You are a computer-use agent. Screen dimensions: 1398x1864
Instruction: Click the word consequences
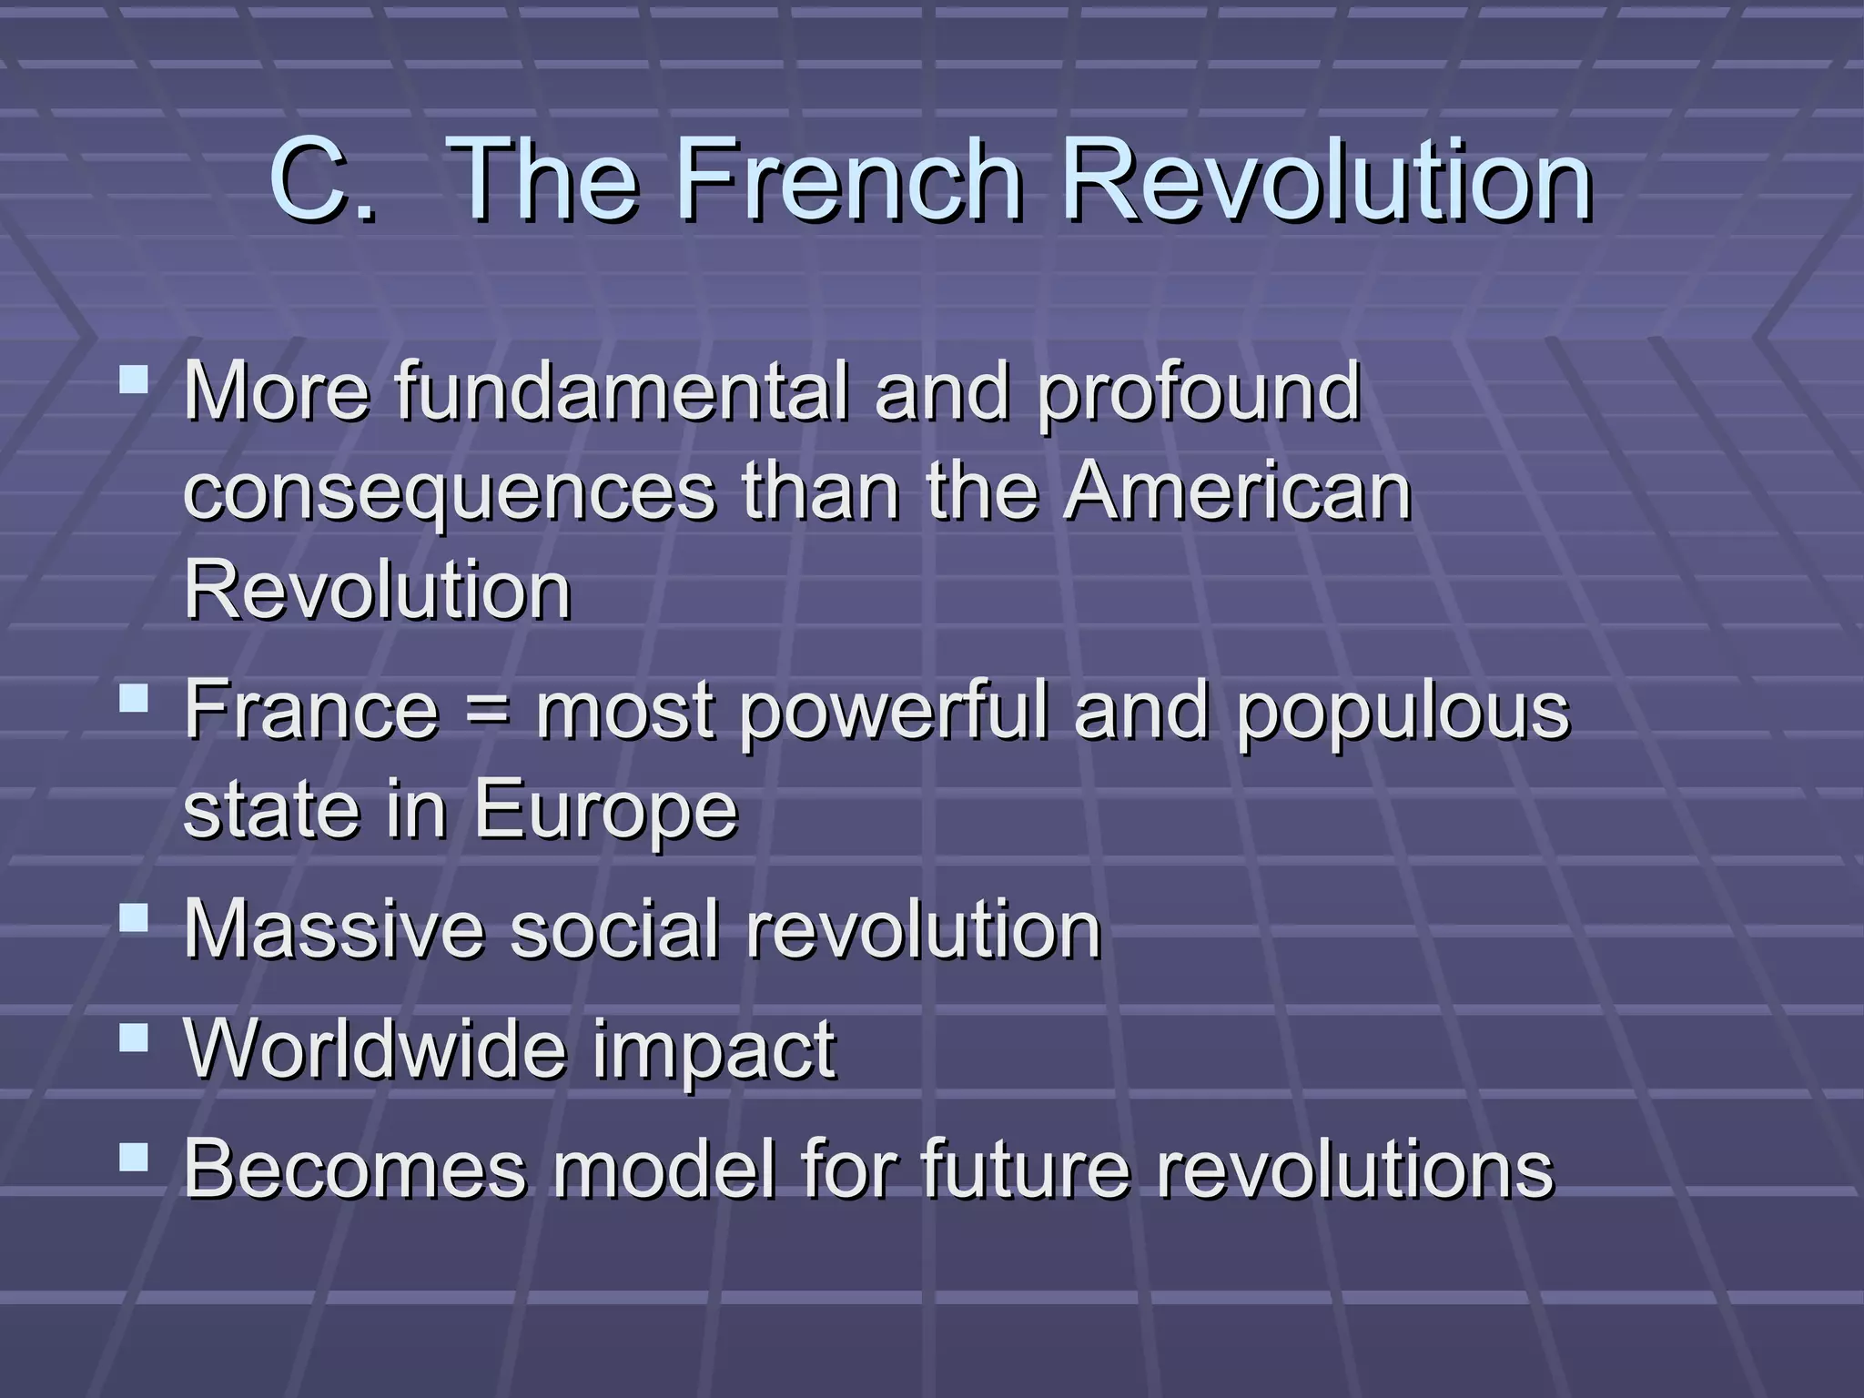pos(450,494)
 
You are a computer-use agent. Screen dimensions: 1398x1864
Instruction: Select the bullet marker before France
pos(134,698)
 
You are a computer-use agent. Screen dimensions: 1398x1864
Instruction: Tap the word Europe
pos(605,812)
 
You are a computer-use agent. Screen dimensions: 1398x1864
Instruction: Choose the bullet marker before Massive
pos(134,917)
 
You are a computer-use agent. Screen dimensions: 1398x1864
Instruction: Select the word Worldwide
pos(376,1048)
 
